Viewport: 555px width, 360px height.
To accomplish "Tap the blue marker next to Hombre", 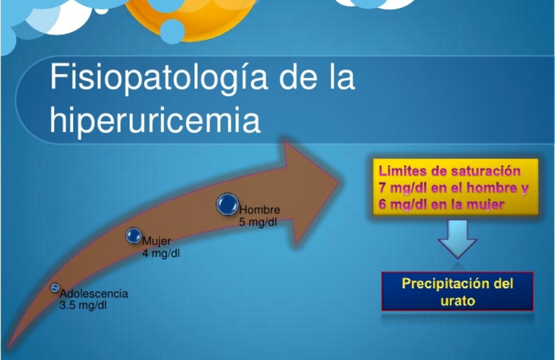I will click(227, 204).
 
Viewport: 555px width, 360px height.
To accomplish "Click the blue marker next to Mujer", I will click(134, 236).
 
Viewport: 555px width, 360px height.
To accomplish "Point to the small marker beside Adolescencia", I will click(54, 288).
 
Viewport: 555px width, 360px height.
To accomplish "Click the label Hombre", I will click(260, 210).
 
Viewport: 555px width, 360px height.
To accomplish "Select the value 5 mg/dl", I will click(258, 222).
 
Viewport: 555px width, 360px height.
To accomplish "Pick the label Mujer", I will click(157, 241).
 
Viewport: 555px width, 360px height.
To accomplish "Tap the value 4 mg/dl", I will click(161, 253).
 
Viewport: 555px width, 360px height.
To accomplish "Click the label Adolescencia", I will click(94, 294).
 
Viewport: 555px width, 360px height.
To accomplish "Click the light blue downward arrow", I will click(457, 239).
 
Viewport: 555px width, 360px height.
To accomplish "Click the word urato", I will click(457, 301).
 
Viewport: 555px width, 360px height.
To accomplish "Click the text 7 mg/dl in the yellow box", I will click(402, 188).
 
